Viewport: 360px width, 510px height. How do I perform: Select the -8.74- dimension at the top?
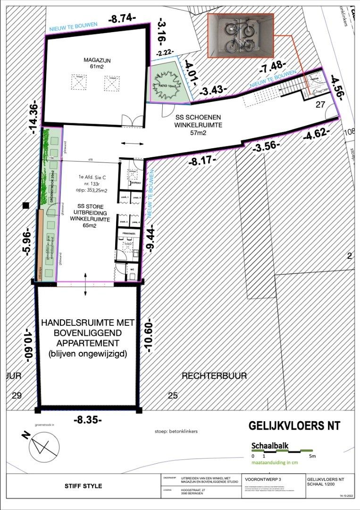point(122,19)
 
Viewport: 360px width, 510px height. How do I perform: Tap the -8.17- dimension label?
point(202,161)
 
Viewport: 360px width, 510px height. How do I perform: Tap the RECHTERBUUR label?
point(206,376)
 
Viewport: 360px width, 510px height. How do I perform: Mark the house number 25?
point(173,395)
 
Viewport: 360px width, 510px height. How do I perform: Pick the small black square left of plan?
point(25,205)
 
